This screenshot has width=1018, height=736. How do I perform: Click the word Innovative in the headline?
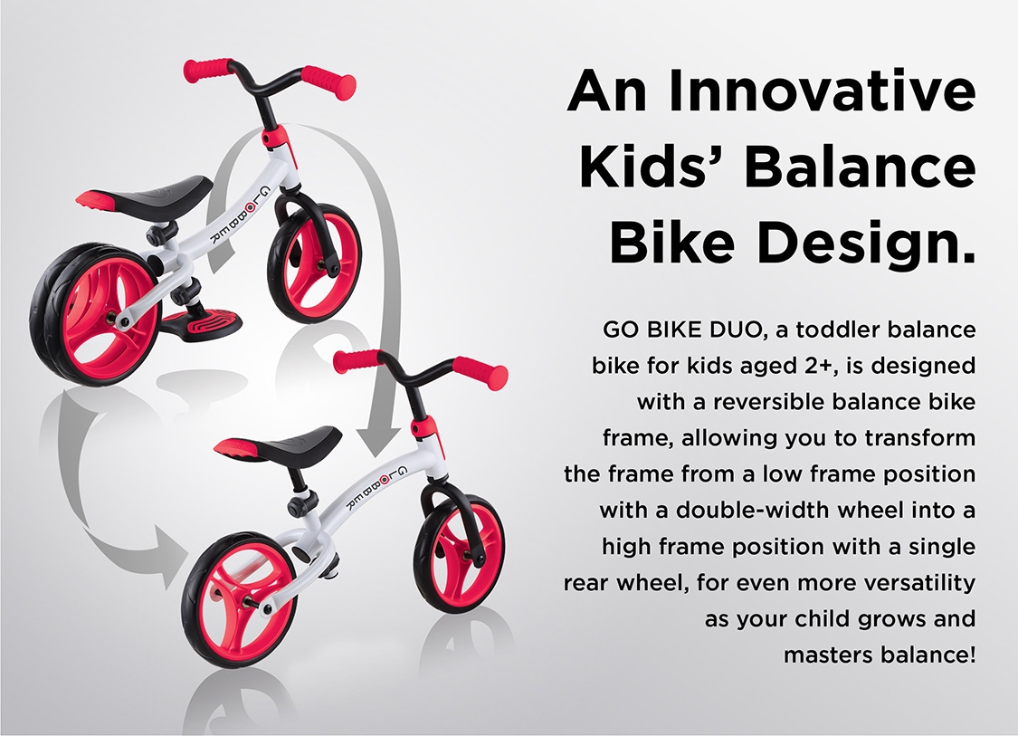pos(822,91)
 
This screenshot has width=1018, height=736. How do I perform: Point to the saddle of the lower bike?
pos(277,444)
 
